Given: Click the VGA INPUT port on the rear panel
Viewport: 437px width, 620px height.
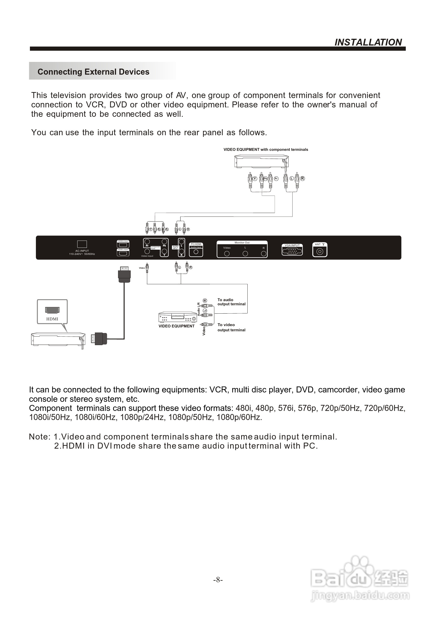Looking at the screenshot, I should (x=292, y=251).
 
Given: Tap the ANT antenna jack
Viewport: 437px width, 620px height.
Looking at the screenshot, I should (x=320, y=251).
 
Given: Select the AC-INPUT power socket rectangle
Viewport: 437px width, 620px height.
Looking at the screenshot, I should (x=82, y=244).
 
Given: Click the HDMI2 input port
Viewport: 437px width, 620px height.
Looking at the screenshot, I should (x=123, y=245).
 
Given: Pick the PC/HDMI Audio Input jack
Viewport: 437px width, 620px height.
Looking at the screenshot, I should (x=196, y=252).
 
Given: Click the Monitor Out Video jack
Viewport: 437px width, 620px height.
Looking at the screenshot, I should (x=227, y=254).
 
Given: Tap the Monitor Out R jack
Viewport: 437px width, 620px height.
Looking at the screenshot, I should (x=264, y=254).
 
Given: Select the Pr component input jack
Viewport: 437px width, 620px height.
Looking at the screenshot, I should (x=147, y=242).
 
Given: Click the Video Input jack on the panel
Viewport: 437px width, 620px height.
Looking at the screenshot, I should (x=147, y=252).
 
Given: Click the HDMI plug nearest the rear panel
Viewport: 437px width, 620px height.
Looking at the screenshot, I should (x=124, y=274).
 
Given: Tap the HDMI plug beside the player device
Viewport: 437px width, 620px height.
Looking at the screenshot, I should (x=99, y=339).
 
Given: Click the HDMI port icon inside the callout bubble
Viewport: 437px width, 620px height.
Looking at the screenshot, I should (x=52, y=310).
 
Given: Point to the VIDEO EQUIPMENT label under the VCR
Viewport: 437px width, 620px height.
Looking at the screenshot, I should (x=176, y=326).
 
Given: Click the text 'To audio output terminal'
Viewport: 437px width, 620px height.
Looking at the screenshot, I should (x=231, y=302).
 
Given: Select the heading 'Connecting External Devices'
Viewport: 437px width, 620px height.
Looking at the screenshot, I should (x=93, y=72).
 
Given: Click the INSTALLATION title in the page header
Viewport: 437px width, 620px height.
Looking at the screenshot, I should (x=368, y=42).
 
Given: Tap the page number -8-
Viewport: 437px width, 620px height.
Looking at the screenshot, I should (x=218, y=580).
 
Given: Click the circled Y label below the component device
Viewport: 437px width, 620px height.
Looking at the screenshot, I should (x=255, y=178).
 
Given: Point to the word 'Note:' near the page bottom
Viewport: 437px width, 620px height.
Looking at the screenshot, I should (x=40, y=437).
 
